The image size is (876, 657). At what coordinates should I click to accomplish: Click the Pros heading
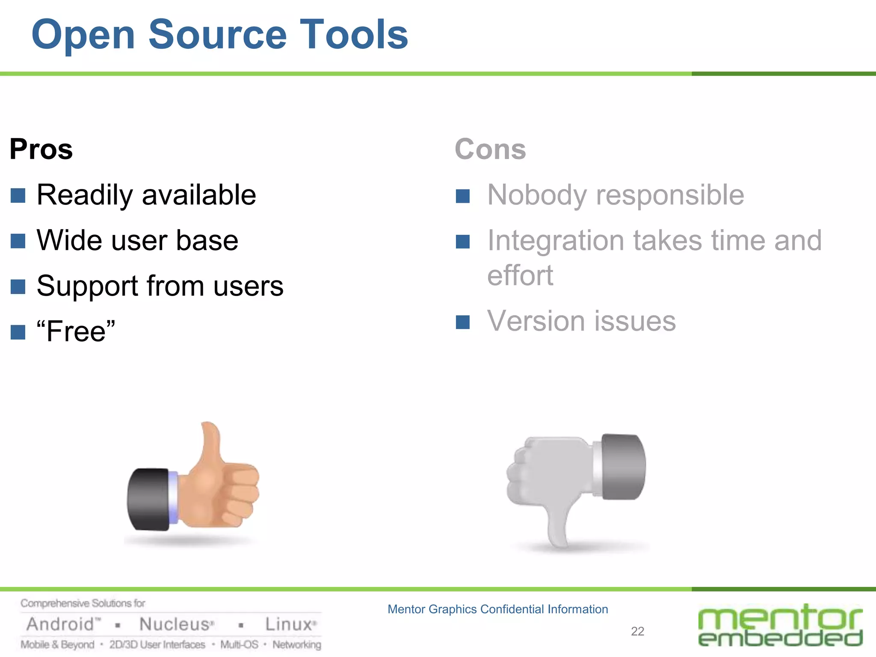pyautogui.click(x=41, y=149)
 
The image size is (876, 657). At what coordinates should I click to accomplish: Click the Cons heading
pyautogui.click(x=490, y=149)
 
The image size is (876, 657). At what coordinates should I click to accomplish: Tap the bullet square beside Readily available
pyautogui.click(x=18, y=195)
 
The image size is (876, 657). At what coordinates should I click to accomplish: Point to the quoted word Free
pyautogui.click(x=76, y=331)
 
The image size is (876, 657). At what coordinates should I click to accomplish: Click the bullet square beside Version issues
pyautogui.click(x=463, y=322)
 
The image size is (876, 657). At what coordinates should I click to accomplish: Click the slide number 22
pyautogui.click(x=637, y=631)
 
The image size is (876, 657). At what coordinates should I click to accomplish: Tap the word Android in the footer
pyautogui.click(x=60, y=624)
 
